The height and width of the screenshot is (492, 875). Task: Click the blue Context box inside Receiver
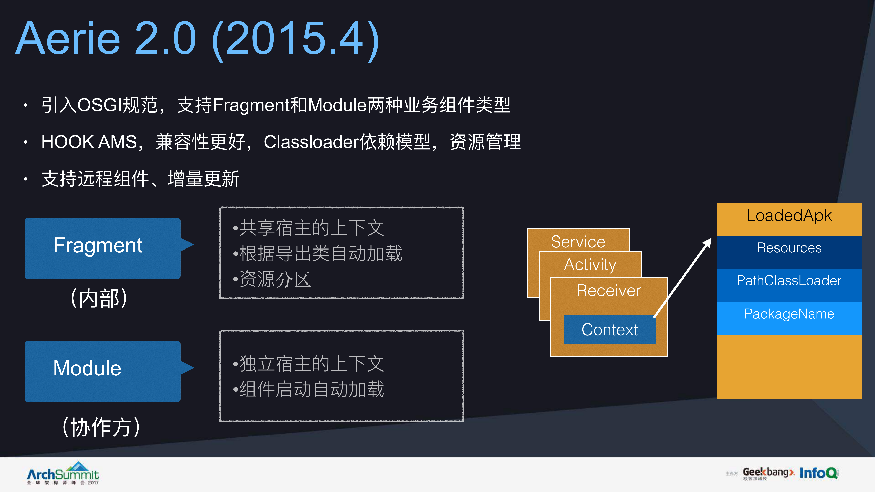tap(609, 329)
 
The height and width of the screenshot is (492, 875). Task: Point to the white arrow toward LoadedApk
tap(683, 277)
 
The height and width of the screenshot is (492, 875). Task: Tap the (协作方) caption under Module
tap(101, 427)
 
